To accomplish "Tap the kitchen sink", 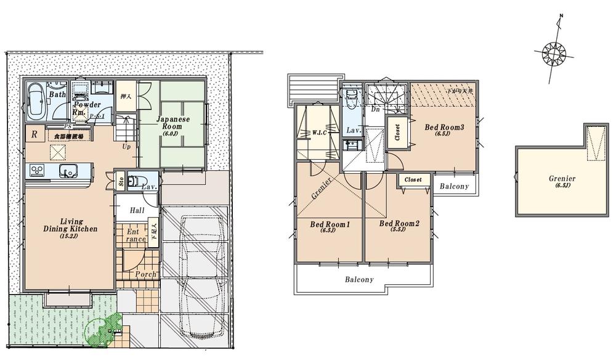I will [x=64, y=171].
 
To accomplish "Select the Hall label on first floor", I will [x=137, y=210].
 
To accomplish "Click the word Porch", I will [x=145, y=274].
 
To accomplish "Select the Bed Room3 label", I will [x=444, y=127].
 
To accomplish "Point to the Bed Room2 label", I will [x=399, y=224].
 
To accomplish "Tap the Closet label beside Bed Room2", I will [x=413, y=179].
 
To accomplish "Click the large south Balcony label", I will [x=359, y=279].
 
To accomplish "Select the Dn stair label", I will [x=375, y=109].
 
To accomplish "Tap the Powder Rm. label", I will [x=86, y=108].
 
